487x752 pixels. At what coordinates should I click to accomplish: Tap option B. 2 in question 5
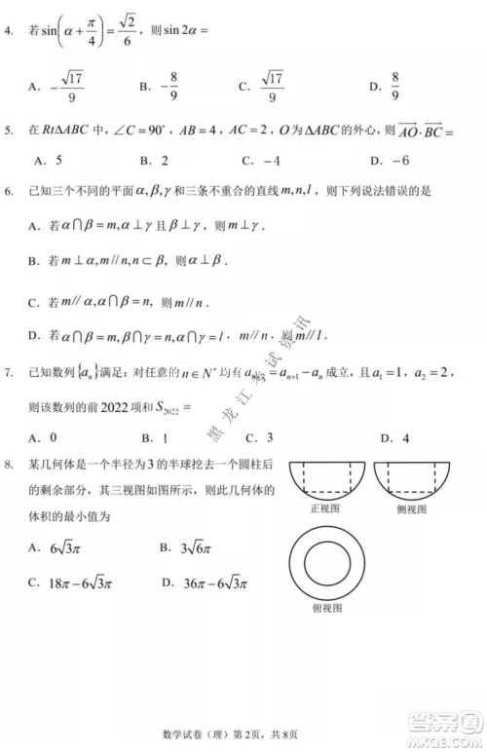pos(155,160)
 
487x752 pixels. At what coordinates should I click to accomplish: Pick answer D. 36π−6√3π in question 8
pos(204,583)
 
